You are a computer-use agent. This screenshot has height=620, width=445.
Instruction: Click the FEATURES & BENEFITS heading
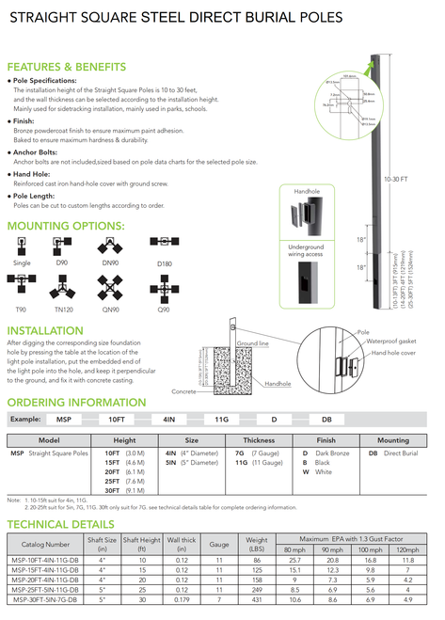coord(66,67)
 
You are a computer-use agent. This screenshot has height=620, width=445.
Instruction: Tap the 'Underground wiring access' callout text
coord(306,249)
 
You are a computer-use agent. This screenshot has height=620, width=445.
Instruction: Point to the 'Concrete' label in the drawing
coord(183,390)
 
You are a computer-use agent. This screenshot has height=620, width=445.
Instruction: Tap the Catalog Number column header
coord(45,544)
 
